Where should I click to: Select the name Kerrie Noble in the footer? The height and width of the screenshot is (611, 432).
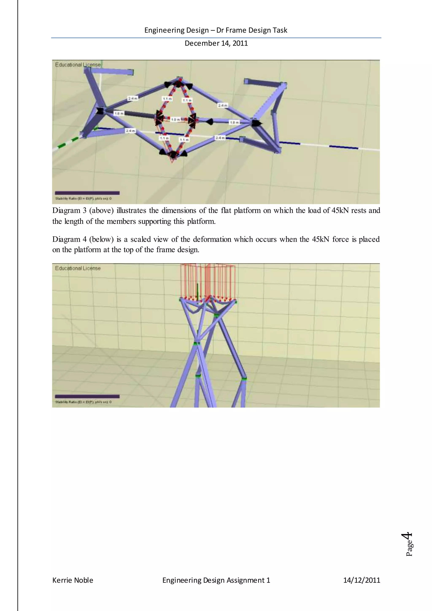pos(73,580)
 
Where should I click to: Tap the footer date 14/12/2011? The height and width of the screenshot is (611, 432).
pos(362,580)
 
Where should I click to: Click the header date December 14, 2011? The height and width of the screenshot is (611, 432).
pos(216,43)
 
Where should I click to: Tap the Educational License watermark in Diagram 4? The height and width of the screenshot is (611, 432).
pos(78,268)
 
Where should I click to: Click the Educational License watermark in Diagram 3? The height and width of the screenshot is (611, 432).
pos(78,65)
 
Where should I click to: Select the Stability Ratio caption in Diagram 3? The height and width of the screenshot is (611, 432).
pos(83,199)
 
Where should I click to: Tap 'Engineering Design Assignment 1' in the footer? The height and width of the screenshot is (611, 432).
pos(216,580)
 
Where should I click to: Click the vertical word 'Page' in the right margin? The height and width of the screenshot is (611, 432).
pos(409,548)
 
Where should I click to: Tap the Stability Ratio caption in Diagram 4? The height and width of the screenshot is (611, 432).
pos(83,402)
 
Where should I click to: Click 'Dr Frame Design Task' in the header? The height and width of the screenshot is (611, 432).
pos(252,30)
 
